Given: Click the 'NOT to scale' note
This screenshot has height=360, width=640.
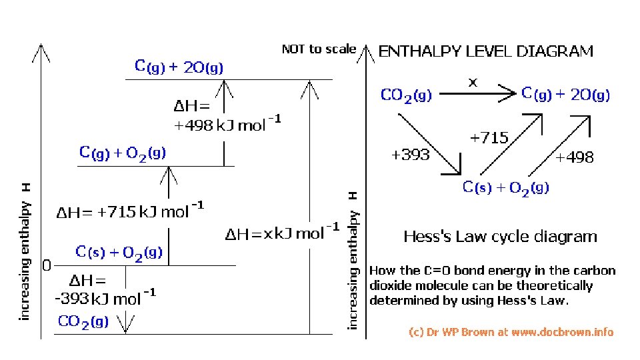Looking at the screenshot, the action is [319, 49].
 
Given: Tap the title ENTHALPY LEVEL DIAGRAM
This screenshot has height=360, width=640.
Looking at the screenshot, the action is [486, 51].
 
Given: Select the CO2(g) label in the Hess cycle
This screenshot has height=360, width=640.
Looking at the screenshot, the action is [406, 95].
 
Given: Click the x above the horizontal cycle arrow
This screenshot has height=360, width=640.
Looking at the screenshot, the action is [473, 83].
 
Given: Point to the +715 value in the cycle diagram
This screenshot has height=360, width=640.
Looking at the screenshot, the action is [489, 139].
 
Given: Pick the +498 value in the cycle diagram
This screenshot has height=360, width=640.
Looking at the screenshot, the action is [574, 157].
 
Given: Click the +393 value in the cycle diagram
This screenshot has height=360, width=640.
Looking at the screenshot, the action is [410, 156].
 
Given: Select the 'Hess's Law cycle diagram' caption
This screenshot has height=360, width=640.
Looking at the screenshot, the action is [500, 237].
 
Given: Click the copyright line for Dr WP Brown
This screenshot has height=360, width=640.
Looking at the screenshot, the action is [511, 331].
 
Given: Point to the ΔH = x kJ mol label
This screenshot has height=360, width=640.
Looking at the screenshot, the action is [282, 233].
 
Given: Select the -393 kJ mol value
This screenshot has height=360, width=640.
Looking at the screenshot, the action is [105, 297].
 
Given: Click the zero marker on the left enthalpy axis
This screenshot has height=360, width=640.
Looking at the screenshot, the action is [46, 266].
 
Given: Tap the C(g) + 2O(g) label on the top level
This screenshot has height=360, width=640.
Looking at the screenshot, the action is [179, 67].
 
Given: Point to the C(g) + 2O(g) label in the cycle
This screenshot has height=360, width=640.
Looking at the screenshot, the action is [565, 95].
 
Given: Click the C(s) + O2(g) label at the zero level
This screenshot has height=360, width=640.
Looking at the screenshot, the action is [119, 253].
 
